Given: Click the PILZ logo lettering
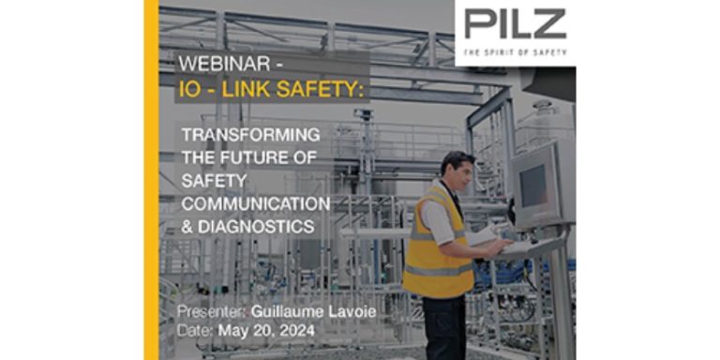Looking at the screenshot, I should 515,22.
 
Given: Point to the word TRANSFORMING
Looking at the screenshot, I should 250,134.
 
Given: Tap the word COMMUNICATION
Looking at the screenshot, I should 255,202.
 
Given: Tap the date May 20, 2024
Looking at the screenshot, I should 264,331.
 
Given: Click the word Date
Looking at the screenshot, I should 194,331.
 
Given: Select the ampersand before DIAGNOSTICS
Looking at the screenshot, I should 188,226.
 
